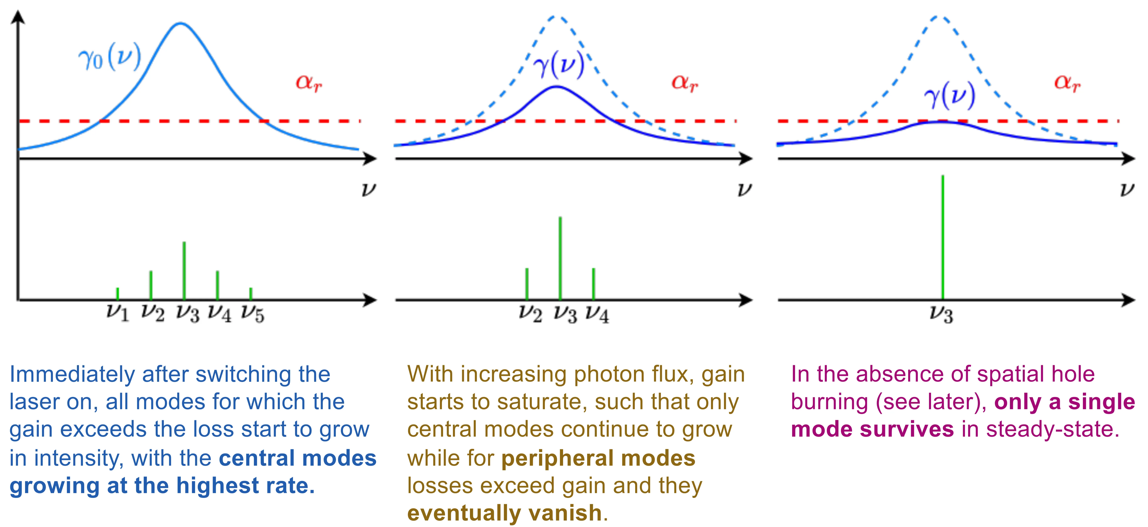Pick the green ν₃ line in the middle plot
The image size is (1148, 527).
(x=560, y=258)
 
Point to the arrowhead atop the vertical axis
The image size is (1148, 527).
(x=18, y=17)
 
